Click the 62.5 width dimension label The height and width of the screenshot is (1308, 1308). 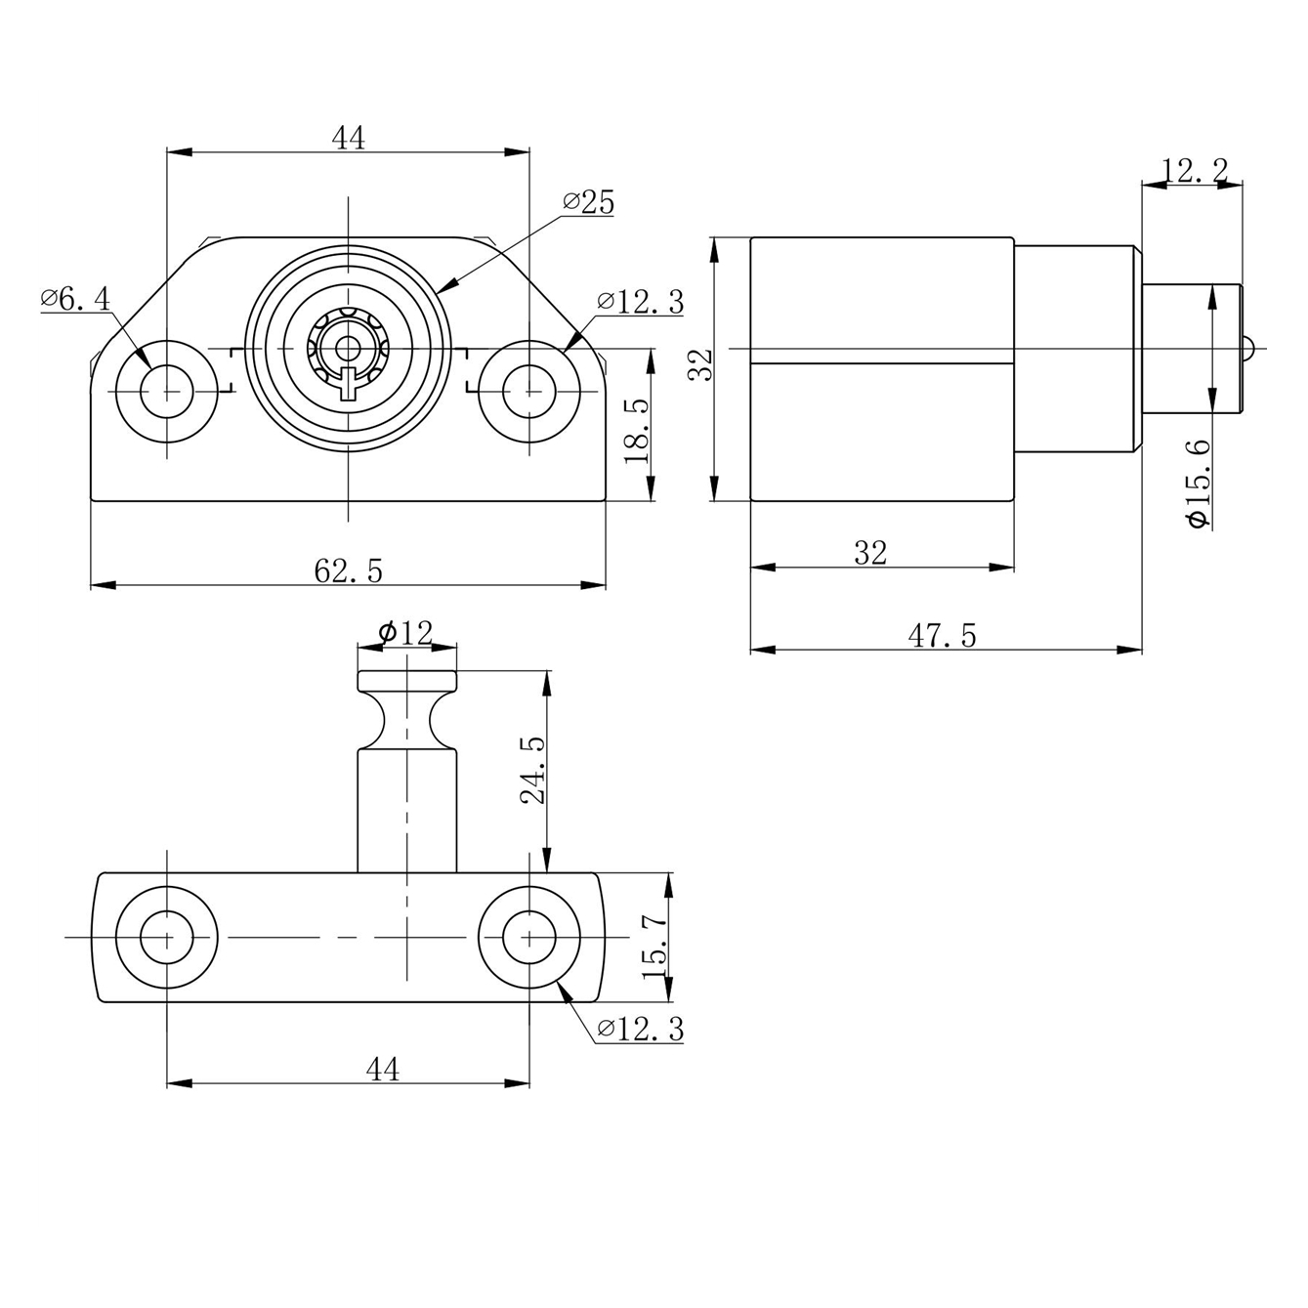point(348,570)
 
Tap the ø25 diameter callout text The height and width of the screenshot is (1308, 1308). point(588,203)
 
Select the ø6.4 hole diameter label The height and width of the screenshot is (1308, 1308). point(76,299)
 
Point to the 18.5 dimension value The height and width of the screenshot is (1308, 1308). point(637,431)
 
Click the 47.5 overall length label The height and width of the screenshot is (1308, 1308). point(942,636)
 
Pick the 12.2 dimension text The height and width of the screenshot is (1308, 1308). point(1194,172)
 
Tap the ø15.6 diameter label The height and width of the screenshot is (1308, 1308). point(1198,484)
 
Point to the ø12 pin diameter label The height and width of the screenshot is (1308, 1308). point(405,633)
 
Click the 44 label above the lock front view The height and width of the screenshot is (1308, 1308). point(349,139)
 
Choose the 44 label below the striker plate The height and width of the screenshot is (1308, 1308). point(383,1070)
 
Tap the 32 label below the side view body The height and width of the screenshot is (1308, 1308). point(870,554)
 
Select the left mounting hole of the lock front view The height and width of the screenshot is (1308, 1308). point(167,390)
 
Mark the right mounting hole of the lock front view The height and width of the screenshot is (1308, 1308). point(529,390)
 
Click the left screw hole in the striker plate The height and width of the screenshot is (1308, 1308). point(167,937)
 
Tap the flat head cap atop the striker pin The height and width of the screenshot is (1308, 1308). point(406,680)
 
